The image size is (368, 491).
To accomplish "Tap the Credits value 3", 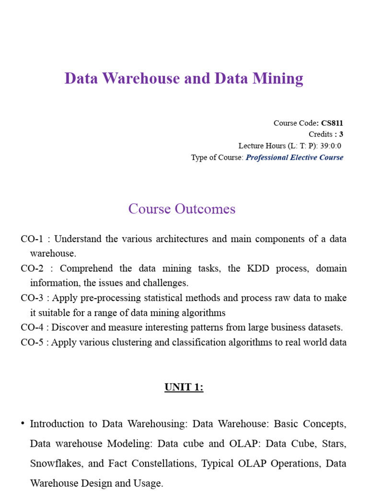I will (x=341, y=134).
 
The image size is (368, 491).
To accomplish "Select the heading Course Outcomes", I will (x=182, y=209).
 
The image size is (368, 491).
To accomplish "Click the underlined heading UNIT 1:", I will (x=184, y=387).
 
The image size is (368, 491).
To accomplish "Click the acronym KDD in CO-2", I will (x=256, y=269).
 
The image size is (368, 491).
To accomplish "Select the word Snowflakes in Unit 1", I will (x=52, y=464).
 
